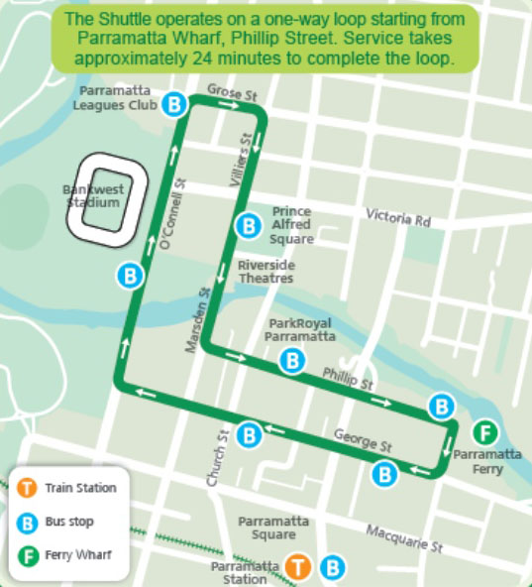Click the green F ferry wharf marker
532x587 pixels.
click(x=484, y=432)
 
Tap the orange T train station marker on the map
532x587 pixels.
click(x=296, y=567)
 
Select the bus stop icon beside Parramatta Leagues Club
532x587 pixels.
click(x=175, y=103)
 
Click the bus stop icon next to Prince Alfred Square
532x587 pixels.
click(x=248, y=226)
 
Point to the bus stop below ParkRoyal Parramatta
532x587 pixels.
click(x=292, y=362)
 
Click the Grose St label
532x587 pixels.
click(x=224, y=92)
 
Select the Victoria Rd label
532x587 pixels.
click(x=398, y=216)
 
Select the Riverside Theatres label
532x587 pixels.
click(x=265, y=273)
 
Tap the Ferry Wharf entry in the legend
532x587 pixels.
click(x=70, y=554)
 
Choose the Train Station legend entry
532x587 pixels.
click(x=80, y=488)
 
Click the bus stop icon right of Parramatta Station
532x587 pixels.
click(x=335, y=567)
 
